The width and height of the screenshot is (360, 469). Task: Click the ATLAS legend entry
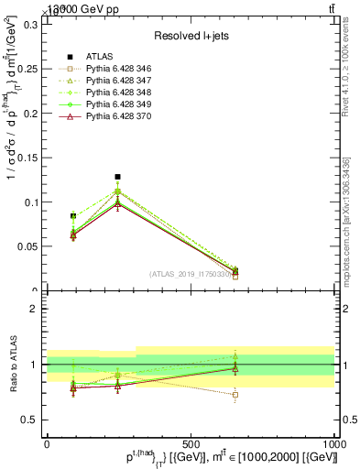pyautogui.click(x=98, y=56)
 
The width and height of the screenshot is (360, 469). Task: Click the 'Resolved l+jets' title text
pyautogui.click(x=191, y=36)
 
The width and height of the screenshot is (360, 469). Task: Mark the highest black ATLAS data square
pyautogui.click(x=117, y=177)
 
